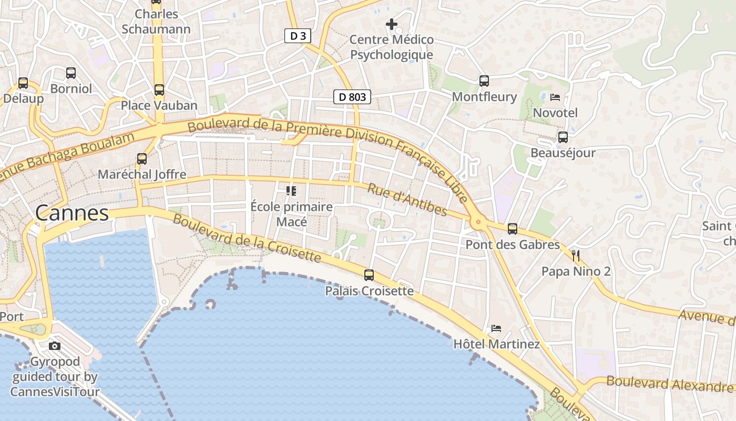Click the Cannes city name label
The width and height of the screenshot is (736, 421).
click(72, 213)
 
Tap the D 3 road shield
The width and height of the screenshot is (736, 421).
click(298, 36)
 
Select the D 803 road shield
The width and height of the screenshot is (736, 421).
click(352, 97)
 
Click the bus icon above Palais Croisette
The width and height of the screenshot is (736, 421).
click(369, 275)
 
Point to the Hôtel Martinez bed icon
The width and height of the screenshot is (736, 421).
click(496, 328)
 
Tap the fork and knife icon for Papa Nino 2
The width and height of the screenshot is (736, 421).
click(576, 256)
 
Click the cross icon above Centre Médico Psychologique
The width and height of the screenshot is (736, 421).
click(392, 24)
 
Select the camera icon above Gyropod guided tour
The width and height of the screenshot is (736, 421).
click(55, 346)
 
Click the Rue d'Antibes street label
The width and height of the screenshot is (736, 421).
click(407, 200)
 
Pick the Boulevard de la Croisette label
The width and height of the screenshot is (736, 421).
click(247, 238)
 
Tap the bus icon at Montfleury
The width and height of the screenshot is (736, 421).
click(484, 81)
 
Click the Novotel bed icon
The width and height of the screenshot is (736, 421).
click(555, 97)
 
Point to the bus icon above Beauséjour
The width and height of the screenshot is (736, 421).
click(563, 137)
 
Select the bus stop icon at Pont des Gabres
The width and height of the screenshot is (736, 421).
click(513, 229)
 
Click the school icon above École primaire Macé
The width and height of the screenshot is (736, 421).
click(291, 191)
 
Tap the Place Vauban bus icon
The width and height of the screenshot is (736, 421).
click(159, 90)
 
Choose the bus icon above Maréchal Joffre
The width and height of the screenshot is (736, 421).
click(142, 158)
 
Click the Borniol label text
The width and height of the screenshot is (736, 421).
click(71, 88)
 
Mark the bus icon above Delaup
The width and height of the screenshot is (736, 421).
click(23, 83)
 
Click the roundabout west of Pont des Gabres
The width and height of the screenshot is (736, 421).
click(478, 223)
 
